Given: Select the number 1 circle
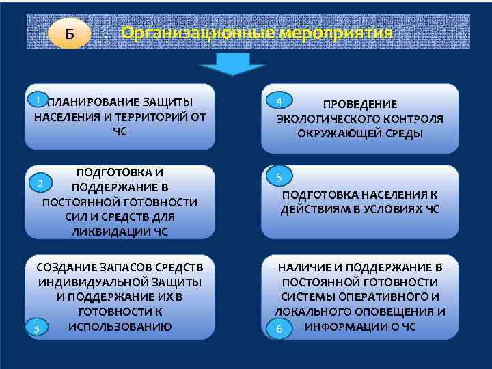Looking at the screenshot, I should click(40, 100).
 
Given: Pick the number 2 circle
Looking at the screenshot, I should click(41, 183).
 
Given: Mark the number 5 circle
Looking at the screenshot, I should click(279, 177).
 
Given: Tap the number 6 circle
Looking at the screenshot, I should click(279, 329).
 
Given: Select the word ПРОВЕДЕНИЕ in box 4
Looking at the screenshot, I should click(359, 105).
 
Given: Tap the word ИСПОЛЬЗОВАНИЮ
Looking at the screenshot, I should click(120, 326).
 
